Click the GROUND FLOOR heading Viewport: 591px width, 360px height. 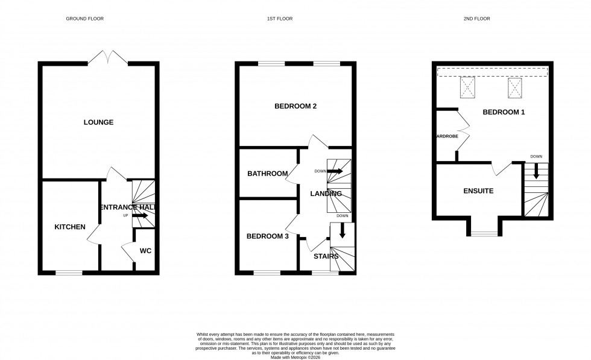(84, 19)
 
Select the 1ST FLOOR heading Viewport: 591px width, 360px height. (280, 19)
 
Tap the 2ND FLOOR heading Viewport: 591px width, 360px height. (476, 19)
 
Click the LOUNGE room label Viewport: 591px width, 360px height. (98, 122)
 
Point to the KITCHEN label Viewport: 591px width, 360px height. (70, 227)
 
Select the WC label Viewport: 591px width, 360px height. (145, 250)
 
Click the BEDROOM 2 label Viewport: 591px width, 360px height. (295, 106)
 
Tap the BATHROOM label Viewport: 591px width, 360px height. (267, 174)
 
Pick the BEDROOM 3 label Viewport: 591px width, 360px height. (267, 236)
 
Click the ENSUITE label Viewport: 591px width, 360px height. (478, 191)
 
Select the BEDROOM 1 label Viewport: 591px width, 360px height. (504, 112)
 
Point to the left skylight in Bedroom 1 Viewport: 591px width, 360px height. (468, 88)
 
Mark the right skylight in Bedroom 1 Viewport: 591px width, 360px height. (514, 88)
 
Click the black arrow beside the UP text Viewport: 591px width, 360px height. (140, 215)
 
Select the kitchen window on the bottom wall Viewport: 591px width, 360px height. (69, 273)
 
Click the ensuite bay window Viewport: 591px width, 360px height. (483, 234)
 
